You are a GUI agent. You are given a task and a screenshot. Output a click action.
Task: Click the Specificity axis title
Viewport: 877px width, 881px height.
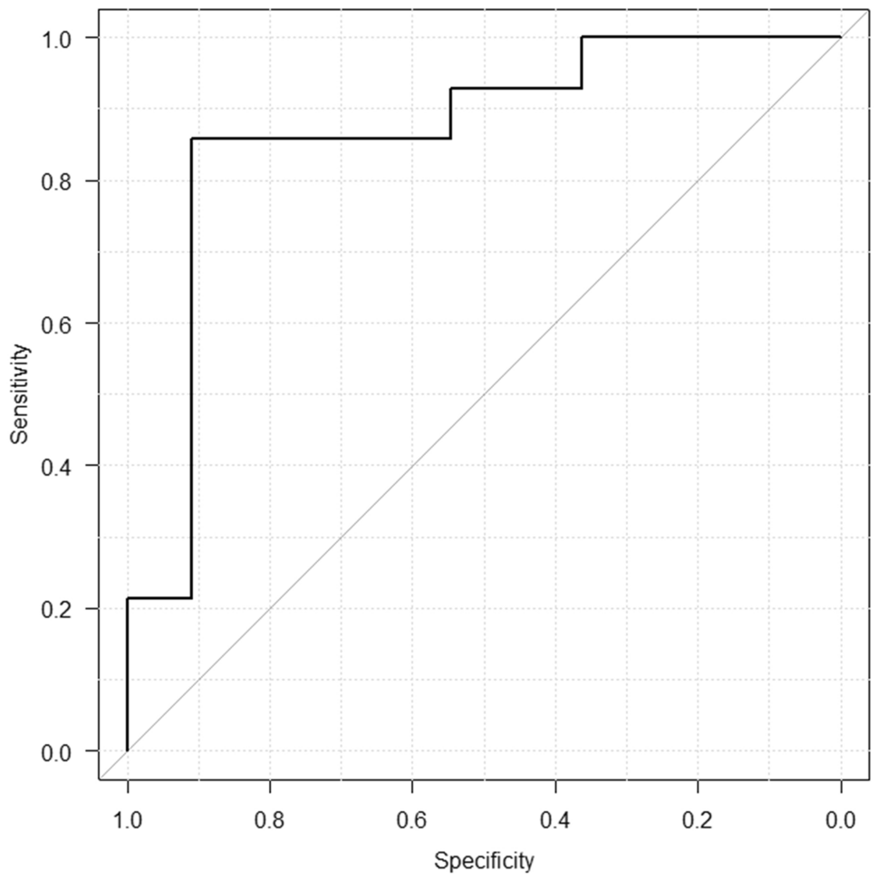point(484,859)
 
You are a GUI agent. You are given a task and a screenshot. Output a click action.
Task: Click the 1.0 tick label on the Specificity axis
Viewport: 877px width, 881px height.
point(127,820)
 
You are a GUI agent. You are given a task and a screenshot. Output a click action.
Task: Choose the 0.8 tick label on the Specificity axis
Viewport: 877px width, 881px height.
point(270,820)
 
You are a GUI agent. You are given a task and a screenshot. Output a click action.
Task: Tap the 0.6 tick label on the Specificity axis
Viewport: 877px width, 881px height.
point(412,820)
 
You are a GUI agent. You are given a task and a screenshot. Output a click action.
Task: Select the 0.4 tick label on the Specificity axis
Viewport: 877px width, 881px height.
point(555,820)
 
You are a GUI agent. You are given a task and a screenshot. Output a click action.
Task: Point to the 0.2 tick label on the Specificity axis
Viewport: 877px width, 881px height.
point(698,820)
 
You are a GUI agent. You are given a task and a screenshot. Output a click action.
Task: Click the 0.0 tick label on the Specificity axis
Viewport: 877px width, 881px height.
point(841,820)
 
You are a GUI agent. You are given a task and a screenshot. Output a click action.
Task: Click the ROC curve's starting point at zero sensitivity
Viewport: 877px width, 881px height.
point(127,750)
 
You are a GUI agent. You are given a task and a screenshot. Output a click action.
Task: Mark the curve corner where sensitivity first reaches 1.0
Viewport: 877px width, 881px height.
point(582,37)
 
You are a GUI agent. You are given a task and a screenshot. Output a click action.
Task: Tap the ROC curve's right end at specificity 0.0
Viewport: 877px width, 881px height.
point(841,37)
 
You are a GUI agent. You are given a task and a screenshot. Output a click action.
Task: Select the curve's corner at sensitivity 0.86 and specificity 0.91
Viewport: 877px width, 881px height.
point(191,139)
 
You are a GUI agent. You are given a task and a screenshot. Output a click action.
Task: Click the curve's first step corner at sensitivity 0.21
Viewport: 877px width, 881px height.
point(127,598)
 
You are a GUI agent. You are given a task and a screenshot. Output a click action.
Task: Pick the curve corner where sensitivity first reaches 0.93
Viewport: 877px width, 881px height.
point(451,88)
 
